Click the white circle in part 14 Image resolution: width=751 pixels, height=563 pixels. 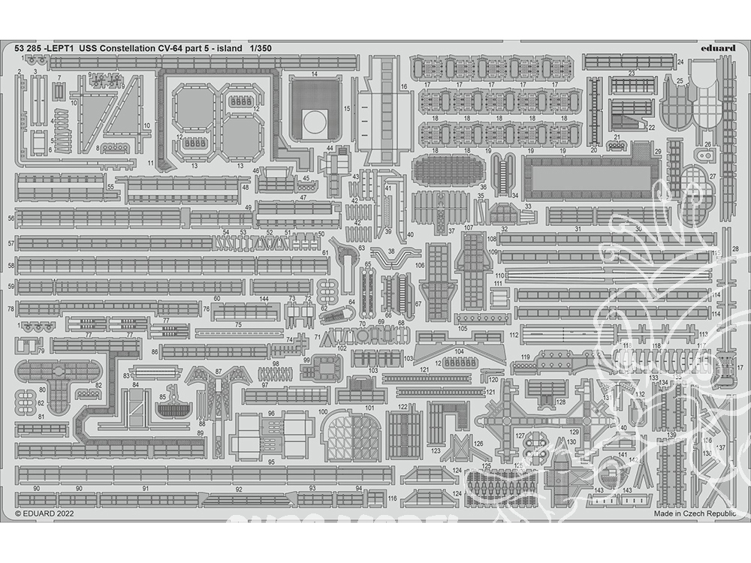click(x=315, y=119)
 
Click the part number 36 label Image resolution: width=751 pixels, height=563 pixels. click(x=483, y=188)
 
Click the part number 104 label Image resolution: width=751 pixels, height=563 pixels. click(x=459, y=351)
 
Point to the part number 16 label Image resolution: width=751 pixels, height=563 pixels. click(x=404, y=87)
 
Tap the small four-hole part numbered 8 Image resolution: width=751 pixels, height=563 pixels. click(x=116, y=148)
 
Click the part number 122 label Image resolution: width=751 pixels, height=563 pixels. click(x=403, y=407)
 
